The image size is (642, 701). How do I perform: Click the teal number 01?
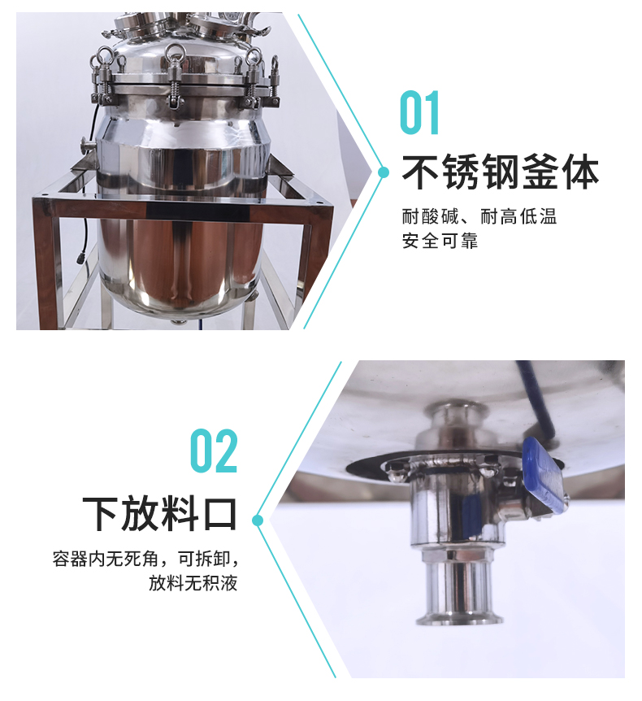[419, 112]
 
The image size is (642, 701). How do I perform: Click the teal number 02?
[214, 451]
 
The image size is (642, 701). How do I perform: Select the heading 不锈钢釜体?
[500, 172]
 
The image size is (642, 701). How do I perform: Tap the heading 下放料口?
[159, 513]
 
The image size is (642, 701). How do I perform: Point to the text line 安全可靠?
[440, 241]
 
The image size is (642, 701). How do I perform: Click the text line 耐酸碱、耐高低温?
[479, 216]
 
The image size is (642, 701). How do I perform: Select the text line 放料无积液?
[193, 583]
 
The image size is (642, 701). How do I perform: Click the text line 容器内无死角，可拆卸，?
[145, 559]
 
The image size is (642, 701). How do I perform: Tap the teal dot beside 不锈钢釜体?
[384, 172]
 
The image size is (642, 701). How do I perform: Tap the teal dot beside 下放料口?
[258, 520]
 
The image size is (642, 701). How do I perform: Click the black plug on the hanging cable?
[81, 258]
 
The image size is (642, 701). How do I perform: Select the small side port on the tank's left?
[87, 146]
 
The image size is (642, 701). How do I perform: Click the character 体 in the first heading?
[580, 172]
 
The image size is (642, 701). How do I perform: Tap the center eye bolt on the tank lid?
[174, 55]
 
